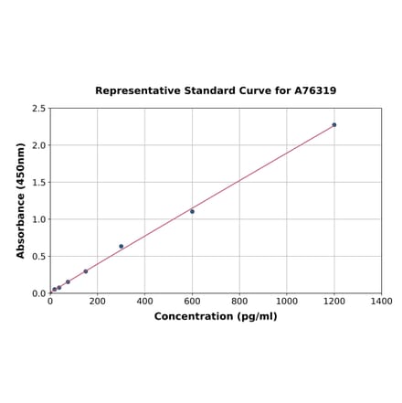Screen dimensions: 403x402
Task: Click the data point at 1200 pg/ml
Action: pyautogui.click(x=334, y=124)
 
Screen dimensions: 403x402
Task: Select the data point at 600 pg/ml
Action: pyautogui.click(x=192, y=211)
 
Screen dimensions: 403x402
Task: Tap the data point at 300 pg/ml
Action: pyautogui.click(x=121, y=246)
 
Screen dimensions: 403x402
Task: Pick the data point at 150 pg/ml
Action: pyautogui.click(x=86, y=270)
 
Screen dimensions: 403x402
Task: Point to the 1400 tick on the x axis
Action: pyautogui.click(x=382, y=301)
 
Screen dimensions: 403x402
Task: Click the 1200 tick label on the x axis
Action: pyautogui.click(x=334, y=301)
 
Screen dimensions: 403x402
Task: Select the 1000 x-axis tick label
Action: pyautogui.click(x=287, y=301)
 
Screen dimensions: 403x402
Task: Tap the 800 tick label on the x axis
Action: pyautogui.click(x=239, y=301)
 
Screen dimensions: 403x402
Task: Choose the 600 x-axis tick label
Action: pyautogui.click(x=192, y=301)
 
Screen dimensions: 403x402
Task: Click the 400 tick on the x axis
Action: pyautogui.click(x=144, y=301)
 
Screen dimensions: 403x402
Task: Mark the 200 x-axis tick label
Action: pyautogui.click(x=98, y=301)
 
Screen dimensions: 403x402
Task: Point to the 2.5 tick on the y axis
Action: pyautogui.click(x=39, y=109)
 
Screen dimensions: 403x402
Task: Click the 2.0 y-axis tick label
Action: pyautogui.click(x=39, y=145)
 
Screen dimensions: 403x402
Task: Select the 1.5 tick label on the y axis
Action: pyautogui.click(x=39, y=183)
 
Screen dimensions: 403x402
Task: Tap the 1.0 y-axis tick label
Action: pyautogui.click(x=39, y=219)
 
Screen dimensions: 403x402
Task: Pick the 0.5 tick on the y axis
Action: pyautogui.click(x=39, y=257)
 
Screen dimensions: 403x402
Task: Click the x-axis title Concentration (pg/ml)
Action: pyautogui.click(x=216, y=316)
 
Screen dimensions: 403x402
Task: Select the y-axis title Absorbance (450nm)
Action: pyautogui.click(x=20, y=200)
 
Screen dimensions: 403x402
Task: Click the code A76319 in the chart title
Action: pyautogui.click(x=315, y=90)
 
